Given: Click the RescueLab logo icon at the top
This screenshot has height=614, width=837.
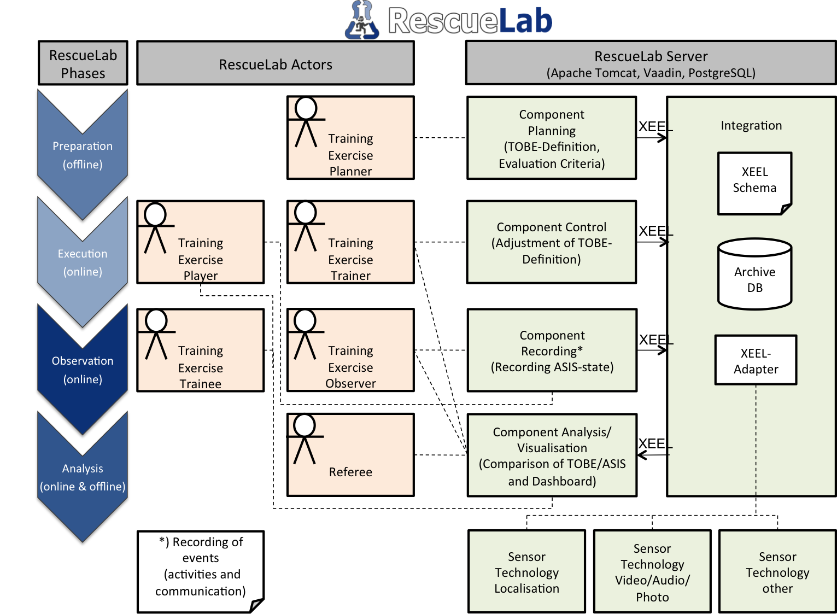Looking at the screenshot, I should [x=362, y=21].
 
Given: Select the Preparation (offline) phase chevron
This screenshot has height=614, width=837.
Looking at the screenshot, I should [x=83, y=155].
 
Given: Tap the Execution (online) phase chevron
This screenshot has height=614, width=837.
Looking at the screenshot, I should [x=83, y=262].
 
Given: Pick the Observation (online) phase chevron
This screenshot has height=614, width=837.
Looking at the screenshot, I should [x=83, y=370].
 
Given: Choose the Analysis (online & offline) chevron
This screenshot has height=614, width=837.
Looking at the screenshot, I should [x=83, y=477].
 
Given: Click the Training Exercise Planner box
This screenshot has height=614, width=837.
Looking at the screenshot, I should [x=350, y=138].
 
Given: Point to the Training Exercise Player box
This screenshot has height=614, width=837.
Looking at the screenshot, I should [x=201, y=242].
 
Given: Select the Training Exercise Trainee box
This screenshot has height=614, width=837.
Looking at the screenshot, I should [x=201, y=350].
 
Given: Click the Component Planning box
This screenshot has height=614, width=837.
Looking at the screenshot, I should [x=552, y=138].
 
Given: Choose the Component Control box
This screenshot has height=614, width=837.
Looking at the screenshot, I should [x=552, y=242].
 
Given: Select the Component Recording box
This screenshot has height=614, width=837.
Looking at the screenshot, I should [x=552, y=350].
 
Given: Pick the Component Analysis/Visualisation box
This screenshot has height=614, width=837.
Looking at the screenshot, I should [x=552, y=455].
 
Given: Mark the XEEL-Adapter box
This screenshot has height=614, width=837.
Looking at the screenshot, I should [x=756, y=361].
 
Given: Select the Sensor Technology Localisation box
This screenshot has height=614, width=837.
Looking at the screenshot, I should [x=526, y=572].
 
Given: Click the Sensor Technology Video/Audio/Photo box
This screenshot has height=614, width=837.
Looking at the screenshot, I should [x=652, y=572].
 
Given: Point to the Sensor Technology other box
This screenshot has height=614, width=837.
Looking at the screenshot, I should [x=777, y=572].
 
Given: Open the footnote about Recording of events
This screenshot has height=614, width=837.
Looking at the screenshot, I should [x=201, y=571].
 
